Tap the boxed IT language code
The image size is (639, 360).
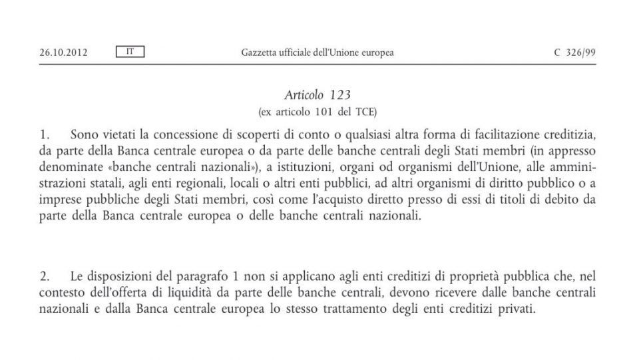130,51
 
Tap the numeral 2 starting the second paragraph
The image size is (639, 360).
43,276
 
